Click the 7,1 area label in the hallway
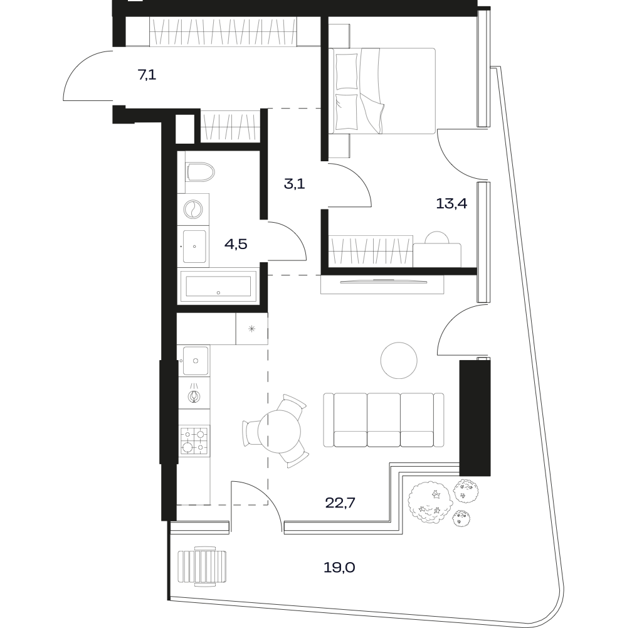coord(147,75)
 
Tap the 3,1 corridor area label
coord(294,184)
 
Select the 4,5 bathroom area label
coord(236,244)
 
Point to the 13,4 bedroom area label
coord(451,204)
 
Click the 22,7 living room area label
coord(340,503)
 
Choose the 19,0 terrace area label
coord(340,568)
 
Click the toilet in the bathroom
coord(200,172)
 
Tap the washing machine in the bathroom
coord(193,209)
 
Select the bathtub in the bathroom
coord(218,286)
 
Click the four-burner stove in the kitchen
coord(194,440)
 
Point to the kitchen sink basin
coord(196,361)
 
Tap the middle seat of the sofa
coord(384,420)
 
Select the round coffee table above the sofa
coord(399,361)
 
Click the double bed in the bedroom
coord(382,91)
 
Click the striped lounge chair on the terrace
coord(202,567)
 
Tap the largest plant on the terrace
coord(430,501)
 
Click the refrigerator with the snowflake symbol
coord(251,329)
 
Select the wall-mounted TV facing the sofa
coord(383,282)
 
